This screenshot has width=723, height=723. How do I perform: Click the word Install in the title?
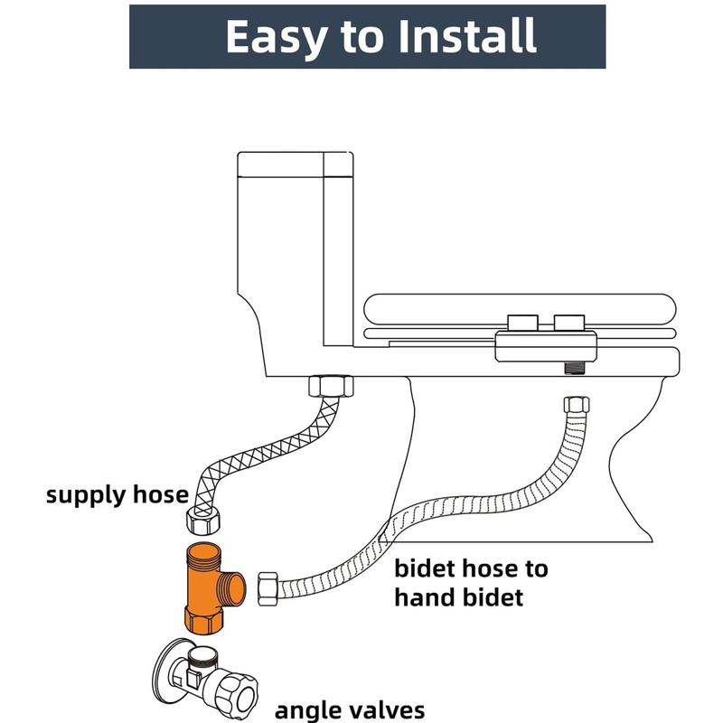[466, 36]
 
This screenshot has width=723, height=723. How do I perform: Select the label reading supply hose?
[117, 495]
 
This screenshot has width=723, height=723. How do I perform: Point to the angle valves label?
[350, 710]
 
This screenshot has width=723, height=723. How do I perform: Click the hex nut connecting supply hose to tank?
[331, 387]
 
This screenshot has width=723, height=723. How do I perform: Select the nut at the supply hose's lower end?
[202, 521]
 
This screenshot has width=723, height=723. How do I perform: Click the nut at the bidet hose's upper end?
[577, 405]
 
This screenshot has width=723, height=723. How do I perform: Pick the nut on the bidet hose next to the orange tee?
[268, 589]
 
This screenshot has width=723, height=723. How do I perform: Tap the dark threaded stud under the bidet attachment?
[573, 368]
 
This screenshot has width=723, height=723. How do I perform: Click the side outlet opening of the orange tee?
[236, 588]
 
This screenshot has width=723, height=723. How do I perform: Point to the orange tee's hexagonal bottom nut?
[204, 621]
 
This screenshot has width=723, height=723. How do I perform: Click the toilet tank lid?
[296, 164]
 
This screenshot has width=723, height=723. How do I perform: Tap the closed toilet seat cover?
[520, 309]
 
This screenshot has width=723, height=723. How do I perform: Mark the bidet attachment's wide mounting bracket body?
[546, 346]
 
